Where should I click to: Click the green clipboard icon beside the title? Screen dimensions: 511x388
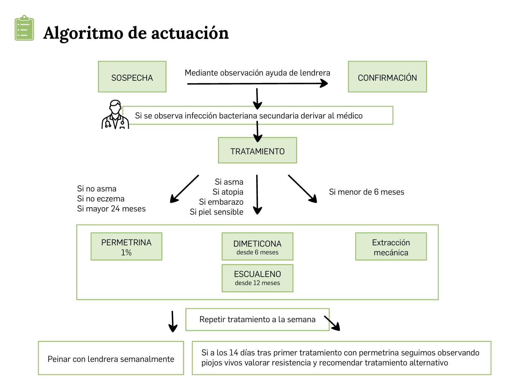pyautogui.click(x=24, y=28)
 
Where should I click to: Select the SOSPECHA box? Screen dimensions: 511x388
pyautogui.click(x=132, y=77)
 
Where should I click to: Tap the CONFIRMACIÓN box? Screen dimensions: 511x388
pyautogui.click(x=387, y=77)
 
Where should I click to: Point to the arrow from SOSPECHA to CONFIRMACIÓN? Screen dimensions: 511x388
pyautogui.click(x=257, y=83)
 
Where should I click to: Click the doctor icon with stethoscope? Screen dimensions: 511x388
pyautogui.click(x=115, y=115)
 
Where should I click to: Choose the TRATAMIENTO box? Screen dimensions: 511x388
pyautogui.click(x=257, y=150)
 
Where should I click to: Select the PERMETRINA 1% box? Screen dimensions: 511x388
pyautogui.click(x=126, y=246)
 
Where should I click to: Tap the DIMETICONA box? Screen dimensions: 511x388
pyautogui.click(x=257, y=246)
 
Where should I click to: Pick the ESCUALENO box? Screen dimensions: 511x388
pyautogui.click(x=257, y=278)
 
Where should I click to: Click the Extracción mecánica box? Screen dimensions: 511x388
pyautogui.click(x=391, y=246)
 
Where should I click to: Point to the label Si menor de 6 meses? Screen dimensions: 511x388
pyautogui.click(x=366, y=192)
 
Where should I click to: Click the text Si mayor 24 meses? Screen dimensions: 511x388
pyautogui.click(x=111, y=209)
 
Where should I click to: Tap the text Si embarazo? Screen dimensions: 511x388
pyautogui.click(x=221, y=202)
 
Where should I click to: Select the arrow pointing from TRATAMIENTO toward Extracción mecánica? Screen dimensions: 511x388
pyautogui.click(x=302, y=189)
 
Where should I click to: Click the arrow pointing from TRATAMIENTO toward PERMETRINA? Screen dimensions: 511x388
pyautogui.click(x=184, y=189)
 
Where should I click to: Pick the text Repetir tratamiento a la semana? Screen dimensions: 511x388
pyautogui.click(x=257, y=319)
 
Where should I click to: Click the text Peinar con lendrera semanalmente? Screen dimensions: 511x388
pyautogui.click(x=111, y=359)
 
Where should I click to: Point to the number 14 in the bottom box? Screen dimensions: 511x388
pyautogui.click(x=234, y=352)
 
